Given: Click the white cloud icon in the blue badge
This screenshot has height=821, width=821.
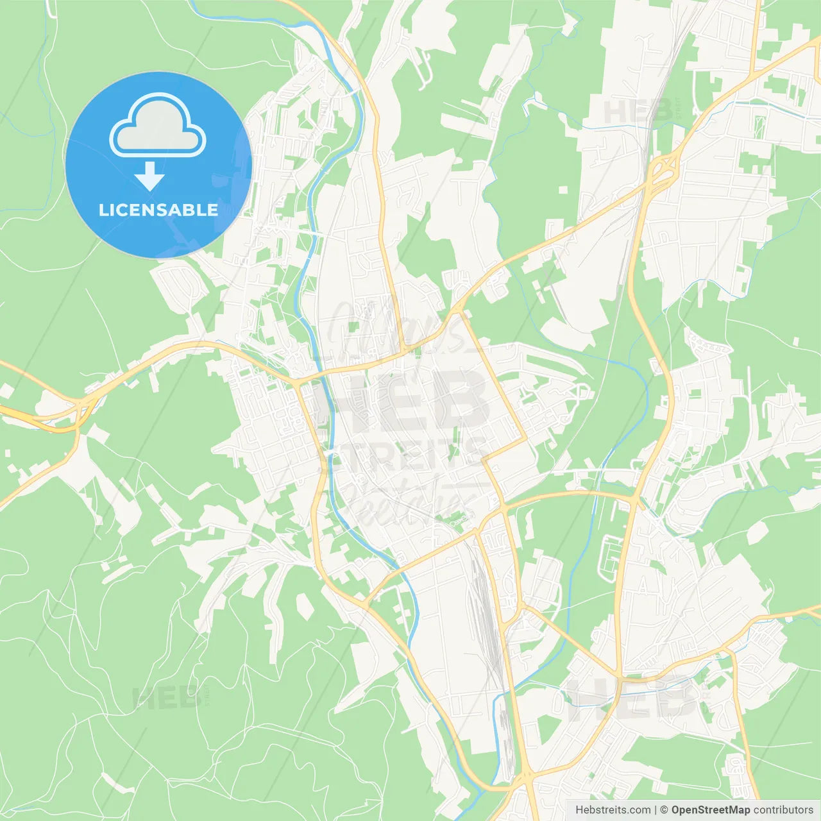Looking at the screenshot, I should (158, 126).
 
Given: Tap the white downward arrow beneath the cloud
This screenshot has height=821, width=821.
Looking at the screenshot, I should (149, 176).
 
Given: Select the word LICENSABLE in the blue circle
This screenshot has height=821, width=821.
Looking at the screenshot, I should (158, 210).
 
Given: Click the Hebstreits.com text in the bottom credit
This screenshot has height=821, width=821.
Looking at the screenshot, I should (613, 810).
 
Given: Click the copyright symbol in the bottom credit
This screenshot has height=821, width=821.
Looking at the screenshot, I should (664, 810).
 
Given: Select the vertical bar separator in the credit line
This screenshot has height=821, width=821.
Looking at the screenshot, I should (656, 810).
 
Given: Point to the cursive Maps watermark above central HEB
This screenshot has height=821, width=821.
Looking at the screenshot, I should (398, 327).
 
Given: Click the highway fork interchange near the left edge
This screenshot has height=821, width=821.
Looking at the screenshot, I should (74, 414).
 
